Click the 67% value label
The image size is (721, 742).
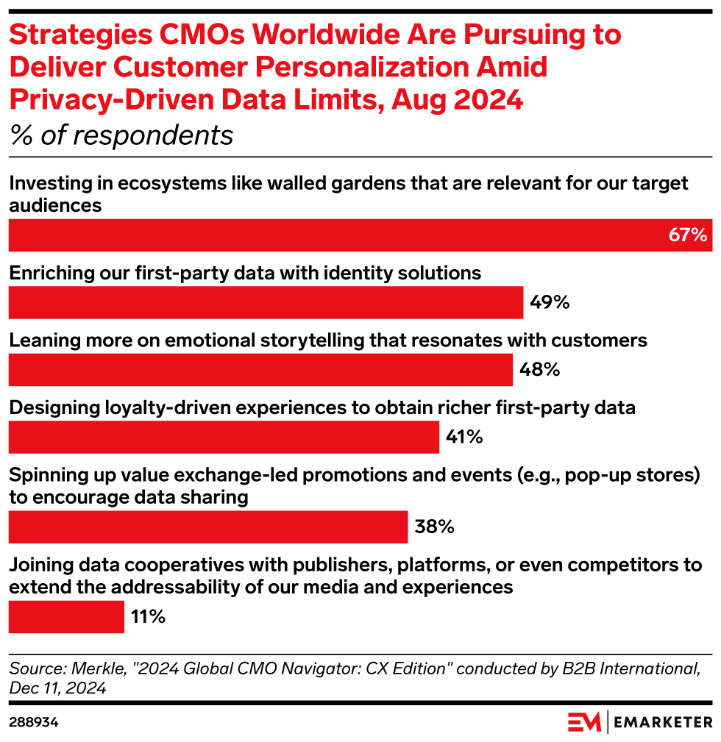point(688,235)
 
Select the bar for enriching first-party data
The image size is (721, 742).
point(266,303)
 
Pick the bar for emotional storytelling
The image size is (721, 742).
point(260,370)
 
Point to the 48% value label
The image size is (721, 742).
point(539,370)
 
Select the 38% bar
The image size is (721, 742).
point(207,527)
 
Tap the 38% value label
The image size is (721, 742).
point(435,527)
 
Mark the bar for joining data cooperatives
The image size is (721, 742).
point(66,616)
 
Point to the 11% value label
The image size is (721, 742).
point(148,616)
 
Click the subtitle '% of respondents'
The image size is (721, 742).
point(121,136)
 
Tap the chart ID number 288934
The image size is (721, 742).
point(34,723)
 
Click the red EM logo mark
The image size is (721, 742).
point(583,722)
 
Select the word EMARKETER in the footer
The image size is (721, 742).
point(662,722)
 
